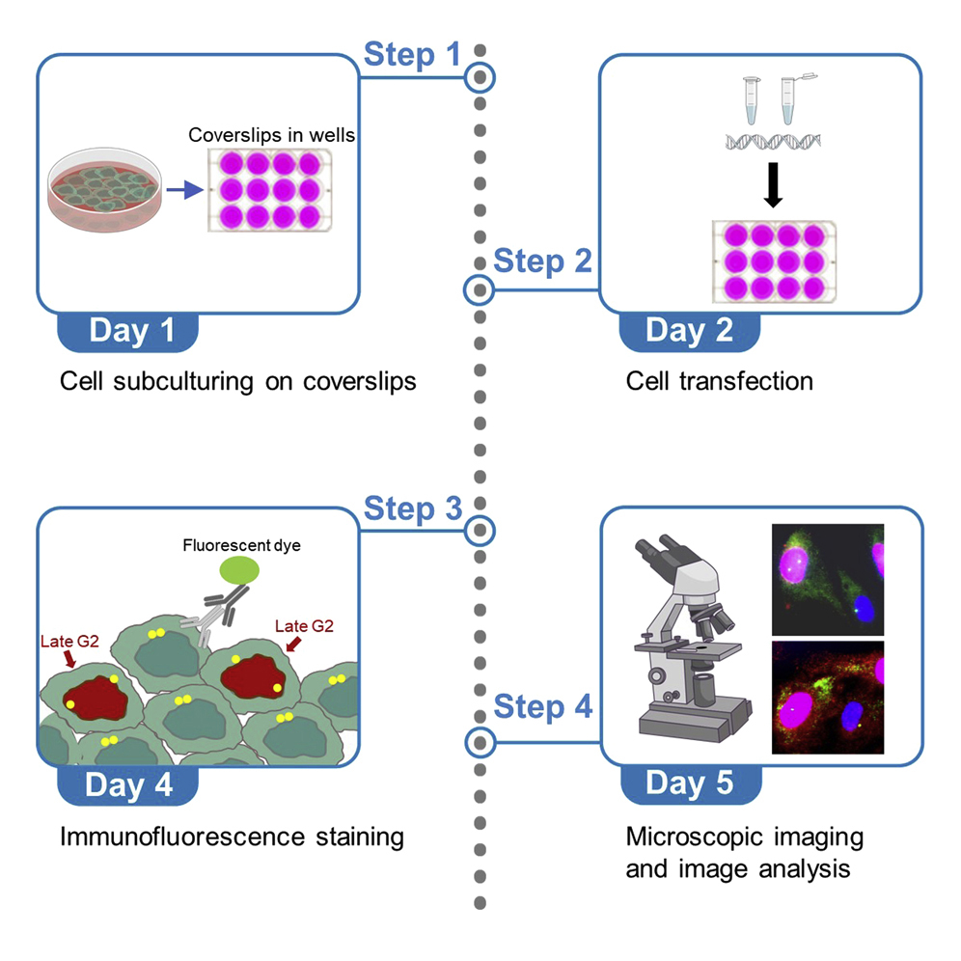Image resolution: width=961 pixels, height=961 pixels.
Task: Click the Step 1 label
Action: point(412,55)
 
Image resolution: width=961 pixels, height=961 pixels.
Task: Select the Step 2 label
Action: point(542,261)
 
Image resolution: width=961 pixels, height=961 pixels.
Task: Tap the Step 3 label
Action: point(412,508)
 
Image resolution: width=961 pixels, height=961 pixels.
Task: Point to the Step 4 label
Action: point(542,707)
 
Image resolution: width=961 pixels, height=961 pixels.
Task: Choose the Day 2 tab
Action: point(689,331)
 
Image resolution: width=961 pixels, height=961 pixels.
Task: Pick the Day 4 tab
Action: point(128,783)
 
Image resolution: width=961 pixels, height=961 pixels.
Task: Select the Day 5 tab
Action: point(689,783)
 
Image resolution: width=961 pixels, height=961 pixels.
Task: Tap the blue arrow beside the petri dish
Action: point(183,192)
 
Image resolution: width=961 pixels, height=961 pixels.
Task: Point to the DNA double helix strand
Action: point(771,142)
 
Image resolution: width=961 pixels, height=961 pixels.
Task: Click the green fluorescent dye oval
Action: point(239,571)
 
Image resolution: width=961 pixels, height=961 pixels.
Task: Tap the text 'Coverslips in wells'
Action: point(271,135)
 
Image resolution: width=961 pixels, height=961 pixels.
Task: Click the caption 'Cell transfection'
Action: point(719,381)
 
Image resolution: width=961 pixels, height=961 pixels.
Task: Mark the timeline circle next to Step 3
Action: point(480,530)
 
